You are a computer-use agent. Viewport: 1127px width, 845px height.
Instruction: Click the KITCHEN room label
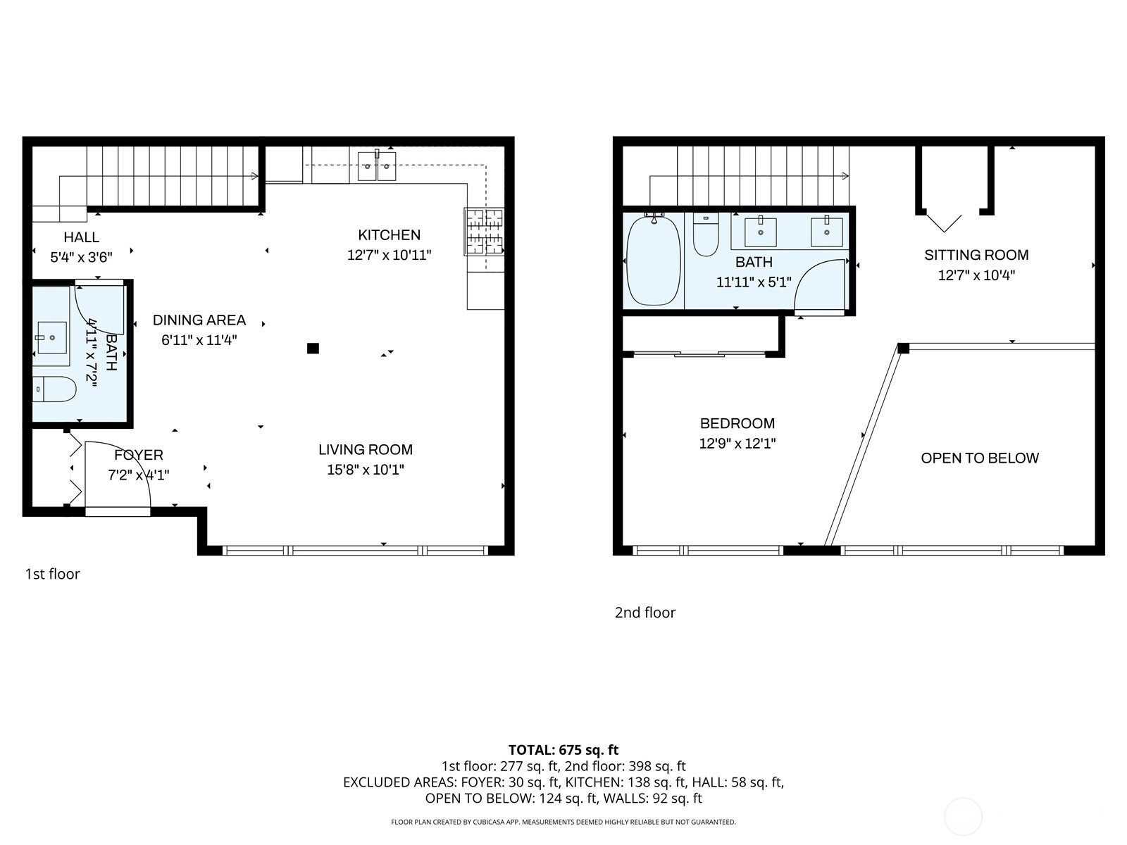pyautogui.click(x=389, y=235)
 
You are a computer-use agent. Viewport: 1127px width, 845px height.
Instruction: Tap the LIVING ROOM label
pyautogui.click(x=365, y=449)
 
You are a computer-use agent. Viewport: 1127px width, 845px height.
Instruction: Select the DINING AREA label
pyautogui.click(x=199, y=320)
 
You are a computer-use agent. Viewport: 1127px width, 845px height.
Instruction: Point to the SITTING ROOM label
pyautogui.click(x=976, y=255)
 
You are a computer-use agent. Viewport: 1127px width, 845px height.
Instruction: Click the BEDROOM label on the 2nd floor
pyautogui.click(x=737, y=423)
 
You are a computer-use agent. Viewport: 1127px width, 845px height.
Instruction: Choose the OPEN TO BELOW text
pyautogui.click(x=980, y=458)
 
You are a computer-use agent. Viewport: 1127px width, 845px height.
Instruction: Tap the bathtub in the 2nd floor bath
pyautogui.click(x=654, y=261)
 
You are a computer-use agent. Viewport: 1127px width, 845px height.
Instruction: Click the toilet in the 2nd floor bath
pyautogui.click(x=706, y=234)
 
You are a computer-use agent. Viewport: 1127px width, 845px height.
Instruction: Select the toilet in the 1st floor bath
pyautogui.click(x=54, y=389)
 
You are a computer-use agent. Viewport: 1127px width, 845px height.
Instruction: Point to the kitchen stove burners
pyautogui.click(x=484, y=232)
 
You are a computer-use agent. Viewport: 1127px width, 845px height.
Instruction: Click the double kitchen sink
pyautogui.click(x=377, y=166)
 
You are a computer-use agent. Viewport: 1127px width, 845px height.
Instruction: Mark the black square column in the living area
pyautogui.click(x=313, y=349)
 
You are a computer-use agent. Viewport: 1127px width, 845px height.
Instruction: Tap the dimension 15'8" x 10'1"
pyautogui.click(x=365, y=470)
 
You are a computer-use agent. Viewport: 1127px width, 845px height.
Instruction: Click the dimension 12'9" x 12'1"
pyautogui.click(x=737, y=444)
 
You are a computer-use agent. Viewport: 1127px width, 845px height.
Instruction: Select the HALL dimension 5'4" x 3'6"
pyautogui.click(x=81, y=257)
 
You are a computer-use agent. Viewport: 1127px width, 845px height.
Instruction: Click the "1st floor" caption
pyautogui.click(x=52, y=574)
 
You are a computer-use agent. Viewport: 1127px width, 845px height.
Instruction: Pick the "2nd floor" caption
pyautogui.click(x=645, y=612)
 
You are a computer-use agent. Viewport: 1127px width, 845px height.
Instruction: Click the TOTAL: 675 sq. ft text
pyautogui.click(x=563, y=750)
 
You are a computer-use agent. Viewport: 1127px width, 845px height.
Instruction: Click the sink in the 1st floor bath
pyautogui.click(x=51, y=337)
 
